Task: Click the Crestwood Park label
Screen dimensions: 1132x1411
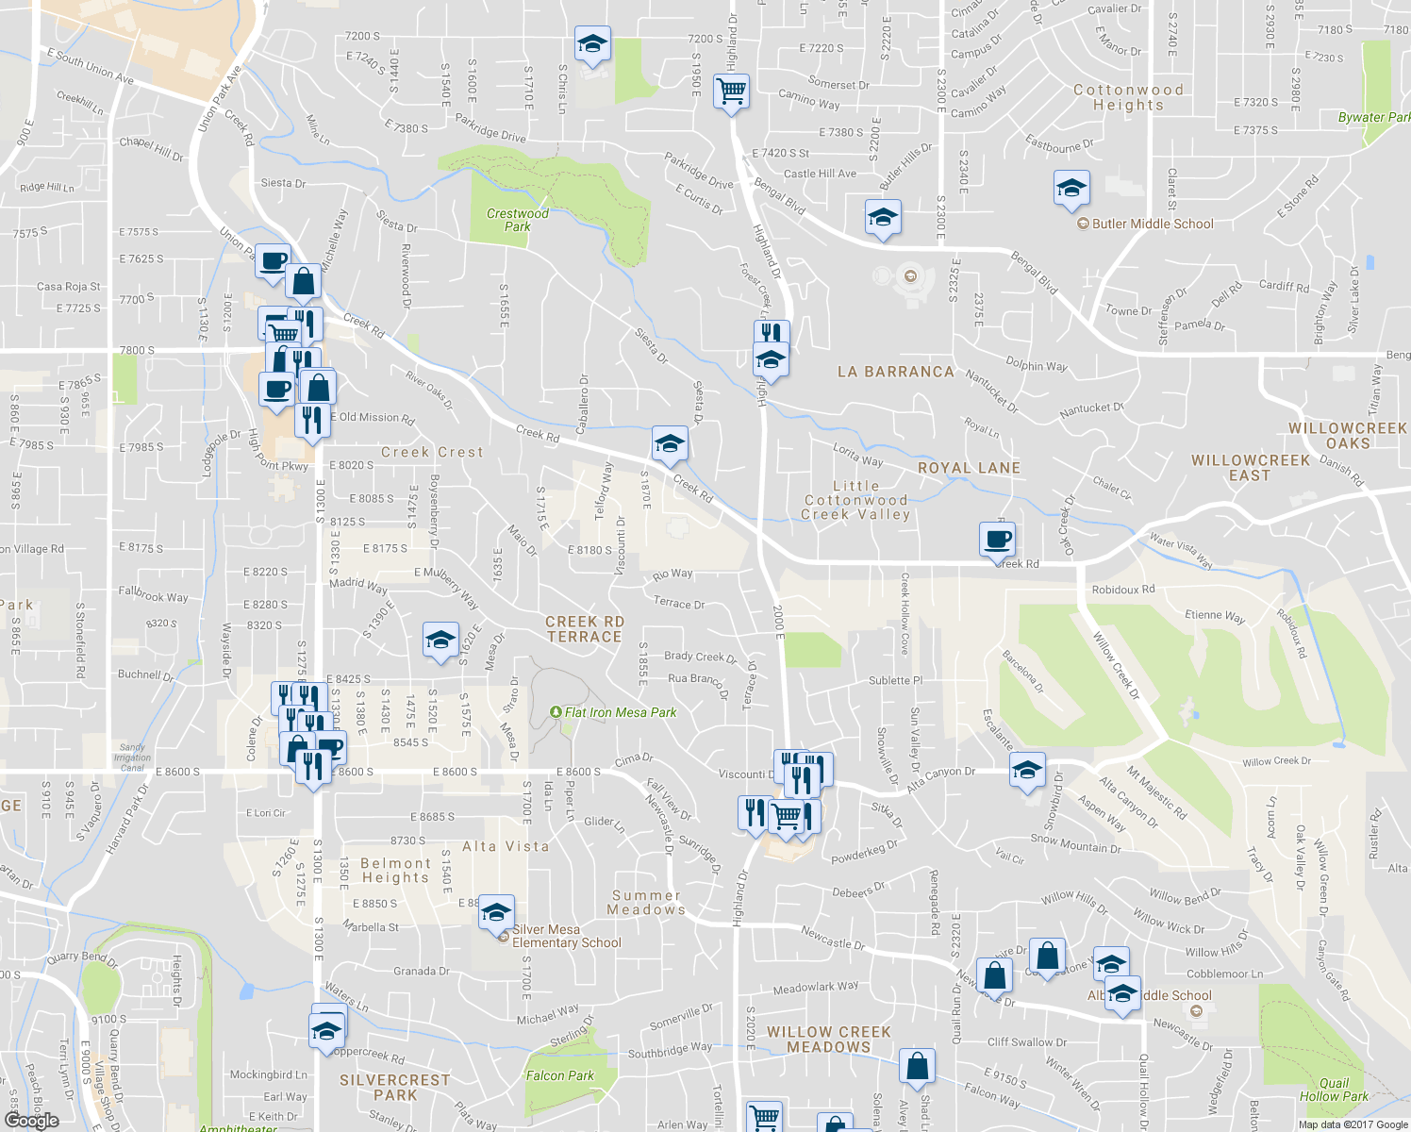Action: [517, 220]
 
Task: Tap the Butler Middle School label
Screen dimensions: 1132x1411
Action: [1152, 224]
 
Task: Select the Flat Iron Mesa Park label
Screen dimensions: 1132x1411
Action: [620, 712]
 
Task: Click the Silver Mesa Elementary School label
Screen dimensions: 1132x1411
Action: [566, 936]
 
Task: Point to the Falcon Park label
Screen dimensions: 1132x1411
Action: [560, 1075]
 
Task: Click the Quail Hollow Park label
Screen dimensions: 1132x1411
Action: [1334, 1090]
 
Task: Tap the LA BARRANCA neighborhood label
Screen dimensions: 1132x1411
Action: [895, 372]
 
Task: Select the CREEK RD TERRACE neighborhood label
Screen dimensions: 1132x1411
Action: [585, 629]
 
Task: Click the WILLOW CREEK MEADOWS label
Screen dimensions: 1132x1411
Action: [828, 1040]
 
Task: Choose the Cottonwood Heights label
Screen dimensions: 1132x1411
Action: [1128, 97]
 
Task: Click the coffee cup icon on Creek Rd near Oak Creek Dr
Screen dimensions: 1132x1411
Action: [997, 541]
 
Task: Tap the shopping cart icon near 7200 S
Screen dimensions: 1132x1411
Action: [731, 92]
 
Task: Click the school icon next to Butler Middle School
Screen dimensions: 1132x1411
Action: [1071, 189]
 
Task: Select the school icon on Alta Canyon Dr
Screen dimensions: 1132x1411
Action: [1027, 770]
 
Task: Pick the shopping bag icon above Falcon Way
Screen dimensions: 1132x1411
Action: [917, 1067]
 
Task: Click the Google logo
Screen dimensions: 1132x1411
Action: [31, 1121]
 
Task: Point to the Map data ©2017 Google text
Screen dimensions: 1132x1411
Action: [1352, 1124]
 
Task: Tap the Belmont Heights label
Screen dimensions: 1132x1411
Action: [395, 870]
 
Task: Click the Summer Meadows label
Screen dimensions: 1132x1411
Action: [646, 903]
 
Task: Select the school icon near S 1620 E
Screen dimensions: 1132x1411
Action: [440, 641]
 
